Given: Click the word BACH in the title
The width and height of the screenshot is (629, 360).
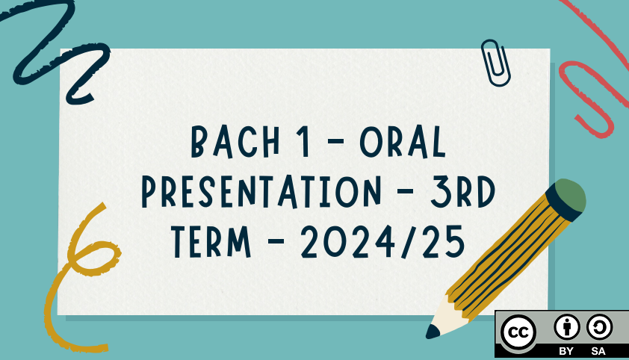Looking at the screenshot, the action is [235, 141].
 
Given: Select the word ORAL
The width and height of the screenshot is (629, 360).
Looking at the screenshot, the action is [403, 141].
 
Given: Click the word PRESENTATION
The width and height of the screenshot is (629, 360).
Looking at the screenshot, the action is [261, 192].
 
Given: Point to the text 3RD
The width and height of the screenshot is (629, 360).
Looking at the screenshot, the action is [463, 192].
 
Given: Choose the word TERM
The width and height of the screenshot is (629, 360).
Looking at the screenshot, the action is [211, 242].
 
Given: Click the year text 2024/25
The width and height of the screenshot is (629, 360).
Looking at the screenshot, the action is [383, 242].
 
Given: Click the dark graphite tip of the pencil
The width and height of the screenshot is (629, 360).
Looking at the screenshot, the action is [433, 332].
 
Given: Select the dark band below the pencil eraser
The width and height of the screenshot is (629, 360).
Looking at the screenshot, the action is [563, 204].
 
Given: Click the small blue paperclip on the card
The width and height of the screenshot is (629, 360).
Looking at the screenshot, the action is [496, 63].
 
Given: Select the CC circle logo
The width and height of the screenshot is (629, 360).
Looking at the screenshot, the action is [518, 332].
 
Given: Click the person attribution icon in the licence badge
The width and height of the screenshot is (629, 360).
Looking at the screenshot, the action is [566, 326].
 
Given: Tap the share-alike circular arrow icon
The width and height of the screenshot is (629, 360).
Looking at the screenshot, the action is [599, 326].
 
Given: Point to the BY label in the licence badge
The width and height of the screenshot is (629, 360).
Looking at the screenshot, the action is [566, 351].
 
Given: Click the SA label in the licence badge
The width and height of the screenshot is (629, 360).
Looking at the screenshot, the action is [598, 351].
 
